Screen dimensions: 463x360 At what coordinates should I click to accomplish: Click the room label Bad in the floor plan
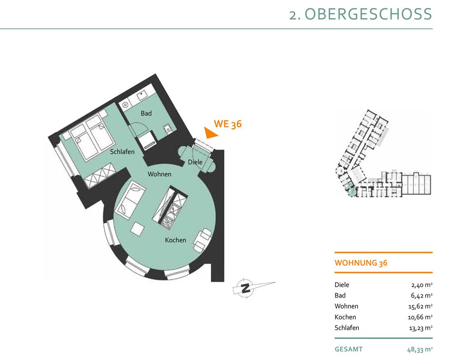146,113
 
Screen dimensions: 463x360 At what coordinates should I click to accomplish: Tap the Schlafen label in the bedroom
122,152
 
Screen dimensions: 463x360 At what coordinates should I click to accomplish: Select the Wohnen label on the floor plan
160,174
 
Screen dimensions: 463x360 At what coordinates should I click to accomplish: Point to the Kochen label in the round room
176,240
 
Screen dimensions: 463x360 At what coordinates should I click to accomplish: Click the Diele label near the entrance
195,162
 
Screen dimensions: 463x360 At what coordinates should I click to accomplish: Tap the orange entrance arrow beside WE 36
210,133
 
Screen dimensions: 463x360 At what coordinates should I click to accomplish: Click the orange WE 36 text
228,124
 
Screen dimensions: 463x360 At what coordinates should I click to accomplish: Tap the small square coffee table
137,229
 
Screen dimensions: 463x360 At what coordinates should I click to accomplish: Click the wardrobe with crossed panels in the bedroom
99,175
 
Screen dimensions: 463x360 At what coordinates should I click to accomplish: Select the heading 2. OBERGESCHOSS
360,14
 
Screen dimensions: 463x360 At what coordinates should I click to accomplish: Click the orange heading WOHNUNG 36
361,263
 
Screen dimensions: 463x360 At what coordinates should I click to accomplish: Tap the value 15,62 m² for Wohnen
420,307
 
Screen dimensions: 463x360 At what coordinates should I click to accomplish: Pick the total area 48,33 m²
420,350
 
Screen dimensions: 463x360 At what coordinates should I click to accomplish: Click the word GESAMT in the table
349,349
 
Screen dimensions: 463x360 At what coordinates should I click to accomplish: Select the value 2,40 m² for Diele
422,285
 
